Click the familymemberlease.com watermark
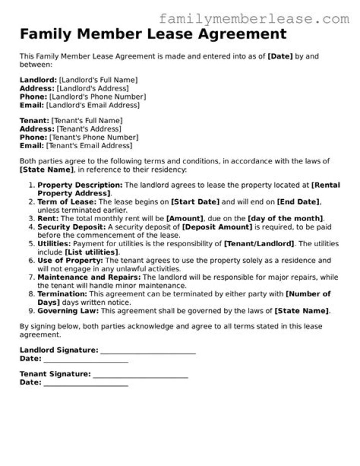(254, 19)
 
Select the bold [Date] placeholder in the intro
(280, 57)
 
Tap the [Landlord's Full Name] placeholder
(98, 80)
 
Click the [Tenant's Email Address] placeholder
(89, 146)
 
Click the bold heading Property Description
(80, 185)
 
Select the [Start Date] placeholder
(195, 202)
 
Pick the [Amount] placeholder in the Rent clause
(185, 218)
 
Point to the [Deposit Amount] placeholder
(217, 227)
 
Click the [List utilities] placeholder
(91, 251)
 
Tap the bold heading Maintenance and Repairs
(89, 276)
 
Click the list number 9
(30, 311)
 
